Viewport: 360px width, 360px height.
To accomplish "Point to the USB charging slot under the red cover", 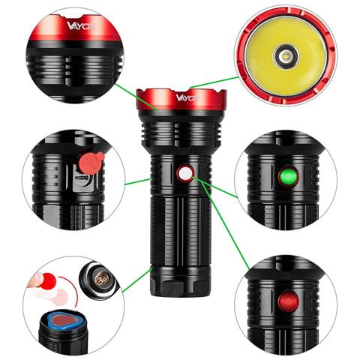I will click(x=84, y=181).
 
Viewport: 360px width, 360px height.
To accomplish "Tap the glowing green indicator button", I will click(x=286, y=177).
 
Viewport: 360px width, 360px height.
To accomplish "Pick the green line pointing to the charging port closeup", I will click(x=137, y=180).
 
